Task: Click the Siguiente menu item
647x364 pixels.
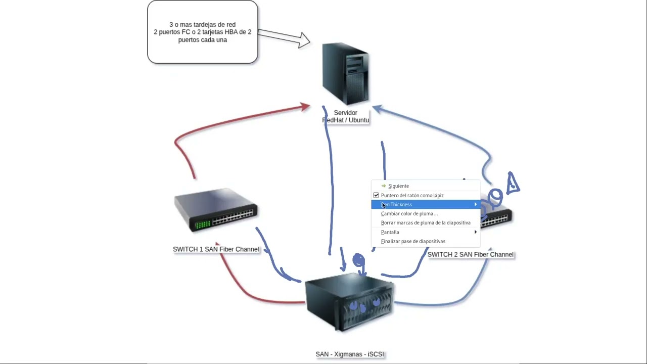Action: click(398, 186)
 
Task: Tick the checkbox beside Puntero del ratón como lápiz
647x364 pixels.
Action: click(376, 195)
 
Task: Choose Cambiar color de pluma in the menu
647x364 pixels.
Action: click(409, 214)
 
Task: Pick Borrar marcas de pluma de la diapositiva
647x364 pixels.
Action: click(426, 223)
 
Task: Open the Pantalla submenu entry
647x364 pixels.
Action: click(390, 232)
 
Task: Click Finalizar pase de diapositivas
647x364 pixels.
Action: click(413, 241)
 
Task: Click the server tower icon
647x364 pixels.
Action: click(346, 74)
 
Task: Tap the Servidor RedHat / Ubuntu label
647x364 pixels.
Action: click(346, 117)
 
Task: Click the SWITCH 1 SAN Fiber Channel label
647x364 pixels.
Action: click(216, 249)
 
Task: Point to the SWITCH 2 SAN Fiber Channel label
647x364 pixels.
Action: click(470, 254)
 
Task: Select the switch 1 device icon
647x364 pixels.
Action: click(216, 210)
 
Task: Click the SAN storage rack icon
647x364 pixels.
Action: click(349, 301)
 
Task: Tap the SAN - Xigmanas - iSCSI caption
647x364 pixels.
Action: click(350, 354)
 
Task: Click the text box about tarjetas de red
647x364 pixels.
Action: click(202, 32)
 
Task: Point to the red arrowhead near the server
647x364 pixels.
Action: click(305, 107)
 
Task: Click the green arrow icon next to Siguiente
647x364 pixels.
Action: click(384, 186)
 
